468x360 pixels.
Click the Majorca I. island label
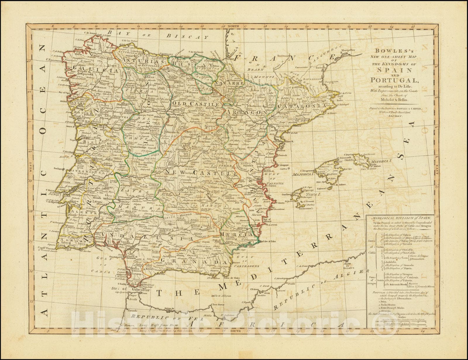[x=303, y=174]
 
